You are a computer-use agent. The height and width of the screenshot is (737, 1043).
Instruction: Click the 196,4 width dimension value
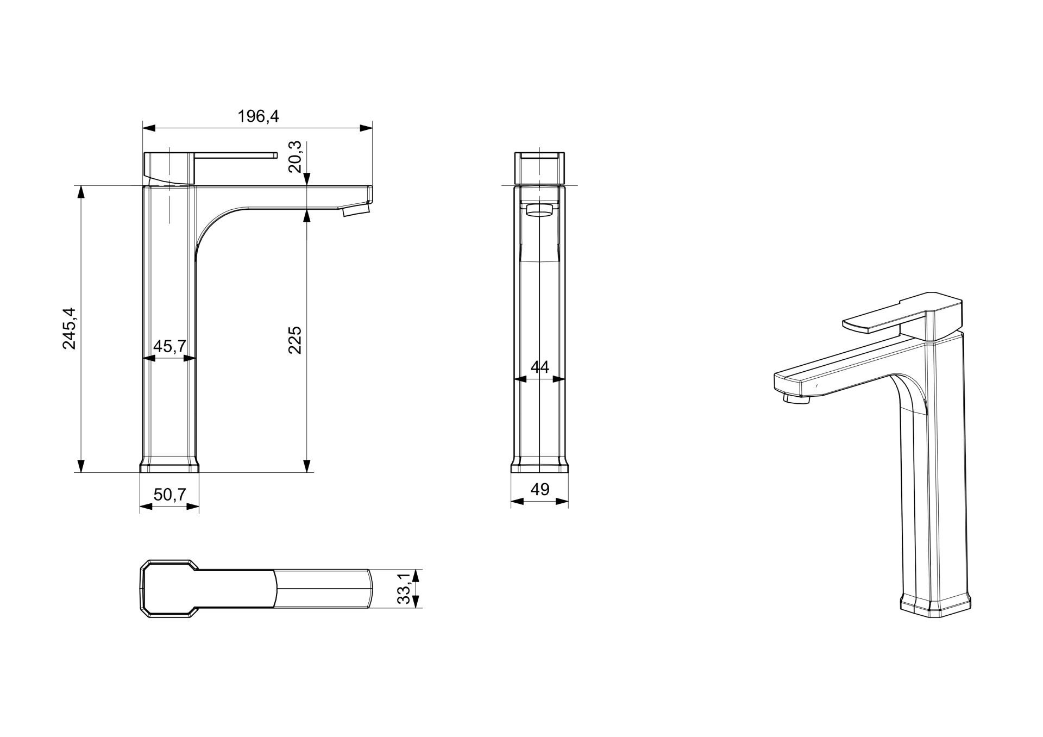[x=258, y=116]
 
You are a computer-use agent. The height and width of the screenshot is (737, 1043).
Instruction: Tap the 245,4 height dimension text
[x=70, y=328]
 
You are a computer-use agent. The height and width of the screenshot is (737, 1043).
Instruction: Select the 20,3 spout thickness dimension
[x=295, y=157]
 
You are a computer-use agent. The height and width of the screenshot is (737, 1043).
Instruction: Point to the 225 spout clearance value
[x=294, y=340]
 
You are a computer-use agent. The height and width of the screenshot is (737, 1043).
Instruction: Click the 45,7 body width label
[x=169, y=346]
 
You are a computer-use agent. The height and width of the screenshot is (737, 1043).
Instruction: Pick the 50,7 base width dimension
[x=169, y=495]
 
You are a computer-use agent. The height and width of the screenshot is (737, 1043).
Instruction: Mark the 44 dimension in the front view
[x=539, y=367]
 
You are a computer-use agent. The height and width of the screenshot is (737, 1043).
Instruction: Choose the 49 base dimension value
[x=539, y=490]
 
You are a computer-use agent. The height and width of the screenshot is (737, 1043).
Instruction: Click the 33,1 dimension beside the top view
[x=404, y=589]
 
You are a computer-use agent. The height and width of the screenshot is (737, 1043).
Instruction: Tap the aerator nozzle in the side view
[x=356, y=210]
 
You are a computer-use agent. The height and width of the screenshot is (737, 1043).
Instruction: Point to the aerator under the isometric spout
[x=796, y=399]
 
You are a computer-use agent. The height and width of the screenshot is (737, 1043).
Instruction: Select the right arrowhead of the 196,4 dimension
[x=367, y=128]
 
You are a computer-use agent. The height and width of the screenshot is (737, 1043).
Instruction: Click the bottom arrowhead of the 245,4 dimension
[x=81, y=466]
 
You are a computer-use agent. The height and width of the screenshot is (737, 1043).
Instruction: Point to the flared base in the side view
[x=169, y=465]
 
